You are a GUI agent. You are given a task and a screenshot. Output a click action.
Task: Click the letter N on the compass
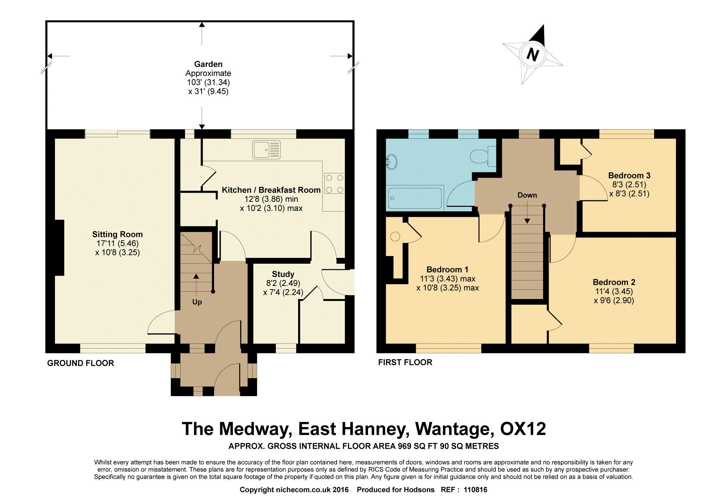533,55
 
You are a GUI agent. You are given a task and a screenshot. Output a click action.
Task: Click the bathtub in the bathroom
415,197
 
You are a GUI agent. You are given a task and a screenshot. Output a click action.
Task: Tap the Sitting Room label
117,234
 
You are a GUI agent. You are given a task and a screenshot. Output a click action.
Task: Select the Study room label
283,274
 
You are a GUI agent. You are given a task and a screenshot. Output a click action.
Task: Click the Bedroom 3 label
629,175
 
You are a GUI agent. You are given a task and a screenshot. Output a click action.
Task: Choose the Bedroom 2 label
614,282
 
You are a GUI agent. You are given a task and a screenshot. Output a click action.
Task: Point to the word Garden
208,64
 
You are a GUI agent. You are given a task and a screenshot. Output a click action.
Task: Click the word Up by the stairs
197,302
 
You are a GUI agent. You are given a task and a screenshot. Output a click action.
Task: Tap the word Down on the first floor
527,195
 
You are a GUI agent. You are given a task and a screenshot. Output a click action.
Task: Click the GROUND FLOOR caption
80,363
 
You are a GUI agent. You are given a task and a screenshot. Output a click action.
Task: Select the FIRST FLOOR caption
405,362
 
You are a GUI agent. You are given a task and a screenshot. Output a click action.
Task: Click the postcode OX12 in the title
523,429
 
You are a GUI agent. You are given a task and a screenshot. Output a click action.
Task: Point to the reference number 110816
475,490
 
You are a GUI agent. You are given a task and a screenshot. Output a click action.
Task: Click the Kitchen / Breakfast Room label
271,190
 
